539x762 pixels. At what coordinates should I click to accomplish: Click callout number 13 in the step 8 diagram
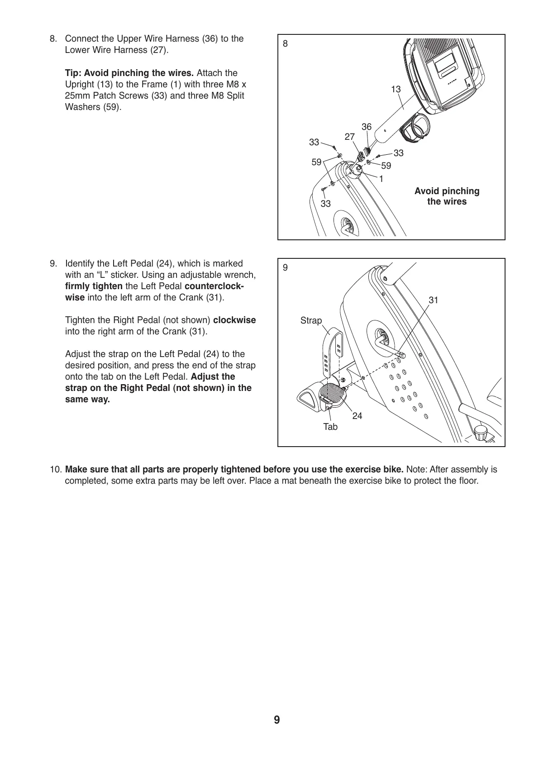tap(396, 90)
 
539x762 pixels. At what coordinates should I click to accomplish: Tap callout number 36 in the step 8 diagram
tap(367, 127)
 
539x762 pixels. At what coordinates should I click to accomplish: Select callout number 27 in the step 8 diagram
tap(350, 136)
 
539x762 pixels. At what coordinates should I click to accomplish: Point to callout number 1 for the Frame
tap(381, 179)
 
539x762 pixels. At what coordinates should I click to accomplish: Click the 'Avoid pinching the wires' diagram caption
tap(447, 196)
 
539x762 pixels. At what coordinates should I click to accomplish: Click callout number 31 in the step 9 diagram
tap(434, 300)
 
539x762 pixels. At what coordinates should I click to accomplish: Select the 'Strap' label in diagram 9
tap(311, 321)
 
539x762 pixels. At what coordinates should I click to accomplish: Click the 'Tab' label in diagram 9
tap(330, 427)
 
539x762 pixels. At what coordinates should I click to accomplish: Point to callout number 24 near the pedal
tap(357, 416)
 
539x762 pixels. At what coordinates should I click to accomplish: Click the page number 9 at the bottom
tap(277, 720)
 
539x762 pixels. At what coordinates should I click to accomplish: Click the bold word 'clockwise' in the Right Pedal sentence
tap(234, 320)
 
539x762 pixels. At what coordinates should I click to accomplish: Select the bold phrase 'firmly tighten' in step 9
tap(94, 286)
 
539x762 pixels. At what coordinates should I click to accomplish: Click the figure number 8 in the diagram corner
tap(285, 44)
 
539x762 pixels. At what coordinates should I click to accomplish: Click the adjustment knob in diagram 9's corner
tap(482, 433)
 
